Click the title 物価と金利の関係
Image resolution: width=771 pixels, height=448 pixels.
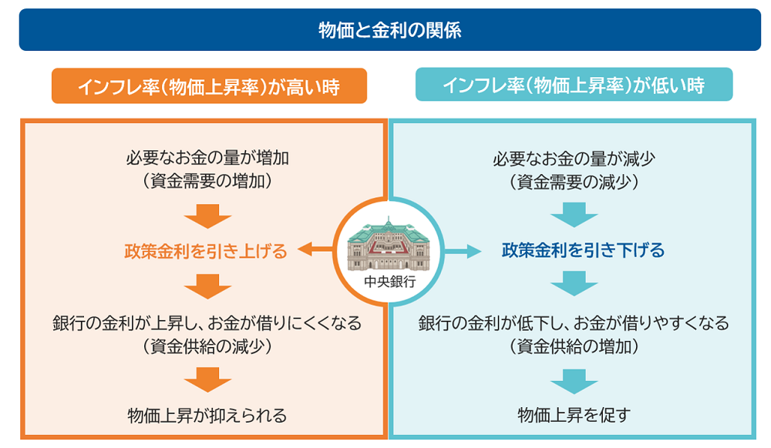(389, 30)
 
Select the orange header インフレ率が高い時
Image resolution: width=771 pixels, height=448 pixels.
(209, 86)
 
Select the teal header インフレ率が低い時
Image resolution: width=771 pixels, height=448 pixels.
(574, 85)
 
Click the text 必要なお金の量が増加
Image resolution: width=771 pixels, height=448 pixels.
(207, 159)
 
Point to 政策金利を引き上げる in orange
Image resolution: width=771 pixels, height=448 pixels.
(206, 251)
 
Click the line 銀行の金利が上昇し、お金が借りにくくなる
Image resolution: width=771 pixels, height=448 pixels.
(207, 323)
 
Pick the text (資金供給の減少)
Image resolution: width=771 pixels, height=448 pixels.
(207, 346)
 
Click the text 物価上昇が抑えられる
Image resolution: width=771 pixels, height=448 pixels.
(207, 416)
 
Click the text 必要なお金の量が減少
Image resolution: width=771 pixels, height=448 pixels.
(574, 159)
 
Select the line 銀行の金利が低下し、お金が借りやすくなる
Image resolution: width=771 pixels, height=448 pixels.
(574, 323)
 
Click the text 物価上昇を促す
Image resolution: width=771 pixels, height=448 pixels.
(574, 416)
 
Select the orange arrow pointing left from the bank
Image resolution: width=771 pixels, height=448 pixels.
(316, 249)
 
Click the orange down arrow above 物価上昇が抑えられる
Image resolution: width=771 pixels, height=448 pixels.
(207, 379)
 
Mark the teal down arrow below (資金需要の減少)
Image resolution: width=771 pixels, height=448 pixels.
(574, 215)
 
